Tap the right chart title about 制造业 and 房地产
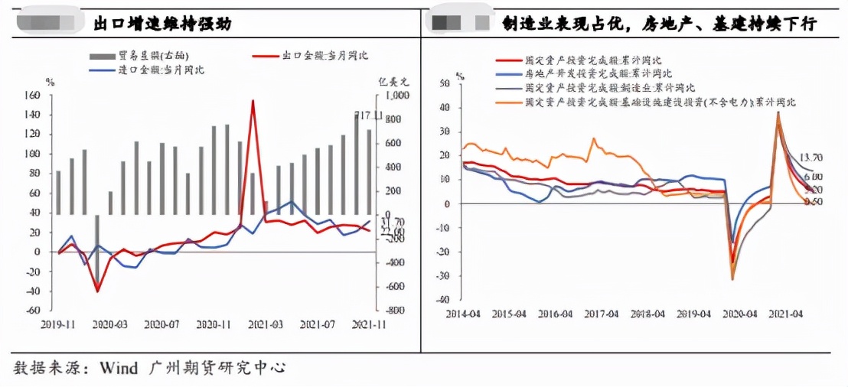[660, 24]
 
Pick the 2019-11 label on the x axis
[57, 324]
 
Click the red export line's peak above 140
[253, 101]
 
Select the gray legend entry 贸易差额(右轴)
[139, 56]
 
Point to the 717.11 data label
[369, 115]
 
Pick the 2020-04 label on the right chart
[740, 314]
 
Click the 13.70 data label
[811, 158]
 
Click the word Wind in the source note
[116, 368]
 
